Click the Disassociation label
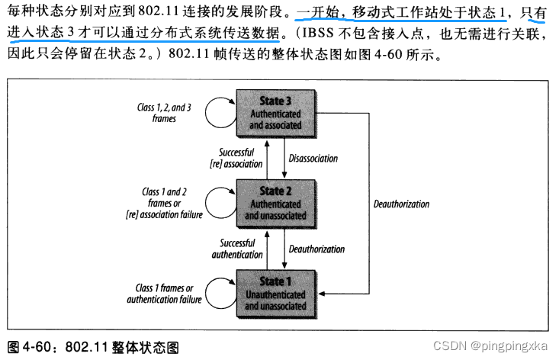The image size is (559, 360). [313, 159]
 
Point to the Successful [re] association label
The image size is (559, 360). [239, 158]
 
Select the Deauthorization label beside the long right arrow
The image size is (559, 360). [401, 204]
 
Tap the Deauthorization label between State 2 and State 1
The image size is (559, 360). [316, 249]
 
